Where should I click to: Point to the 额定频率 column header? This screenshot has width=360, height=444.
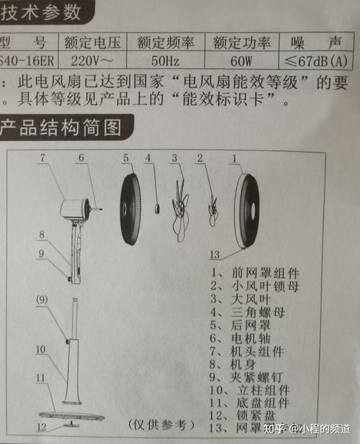(162, 40)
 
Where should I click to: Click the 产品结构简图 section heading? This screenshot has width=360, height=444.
(60, 129)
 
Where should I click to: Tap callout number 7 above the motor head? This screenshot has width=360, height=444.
(42, 157)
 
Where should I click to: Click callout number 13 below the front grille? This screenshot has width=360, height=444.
(213, 254)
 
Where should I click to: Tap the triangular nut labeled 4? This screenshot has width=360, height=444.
(155, 207)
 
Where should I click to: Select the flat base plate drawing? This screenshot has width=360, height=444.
(71, 414)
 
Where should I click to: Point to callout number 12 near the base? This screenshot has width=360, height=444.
(42, 427)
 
